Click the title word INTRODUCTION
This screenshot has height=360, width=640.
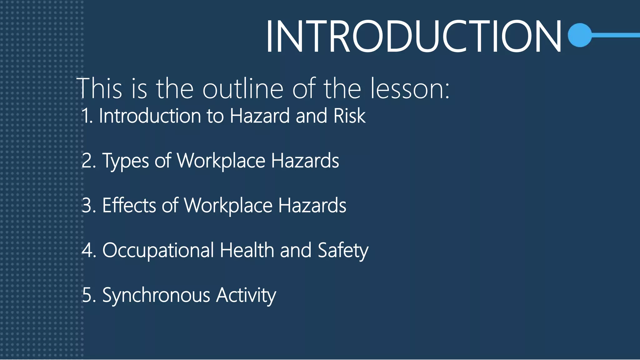pos(413,36)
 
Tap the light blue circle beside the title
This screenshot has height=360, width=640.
pos(580,35)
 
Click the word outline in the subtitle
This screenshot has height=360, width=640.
pos(243,89)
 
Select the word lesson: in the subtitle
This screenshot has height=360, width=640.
pos(410,89)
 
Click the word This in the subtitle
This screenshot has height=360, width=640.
pos(99,89)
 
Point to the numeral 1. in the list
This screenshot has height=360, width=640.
pos(87,116)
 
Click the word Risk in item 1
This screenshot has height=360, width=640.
pos(349,116)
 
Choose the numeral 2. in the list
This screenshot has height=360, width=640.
pos(89,161)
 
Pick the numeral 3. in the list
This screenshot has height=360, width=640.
pos(89,206)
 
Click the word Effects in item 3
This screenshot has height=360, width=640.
pos(129,206)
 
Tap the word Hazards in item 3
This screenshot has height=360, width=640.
pos(312,206)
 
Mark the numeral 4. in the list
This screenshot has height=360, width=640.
pos(89,250)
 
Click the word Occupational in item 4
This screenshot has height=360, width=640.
pos(158,251)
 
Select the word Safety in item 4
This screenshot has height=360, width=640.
pos(343,251)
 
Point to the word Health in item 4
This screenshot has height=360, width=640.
pos(247,250)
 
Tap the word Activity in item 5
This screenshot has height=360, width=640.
pos(246,296)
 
